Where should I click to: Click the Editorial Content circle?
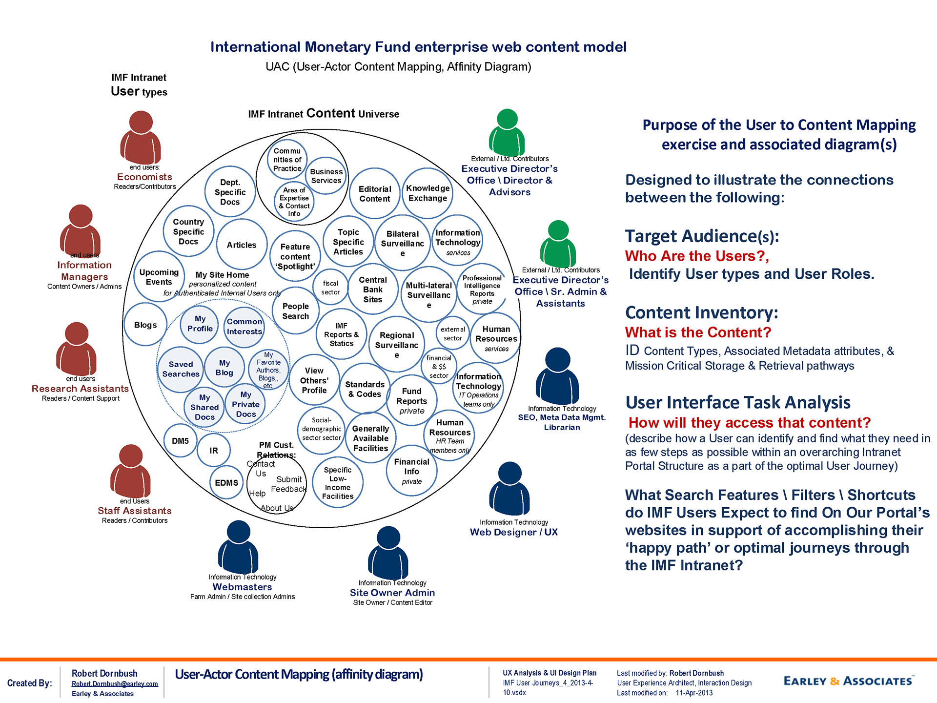click(x=375, y=194)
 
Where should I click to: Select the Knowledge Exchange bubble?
click(x=428, y=193)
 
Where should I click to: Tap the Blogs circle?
click(x=145, y=325)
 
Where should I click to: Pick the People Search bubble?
click(x=296, y=311)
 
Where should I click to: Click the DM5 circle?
click(x=180, y=441)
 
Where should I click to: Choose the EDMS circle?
click(x=226, y=482)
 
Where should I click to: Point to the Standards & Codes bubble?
click(x=365, y=389)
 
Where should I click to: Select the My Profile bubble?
click(x=200, y=324)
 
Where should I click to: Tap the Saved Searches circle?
click(x=181, y=369)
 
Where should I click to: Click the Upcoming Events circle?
click(x=159, y=277)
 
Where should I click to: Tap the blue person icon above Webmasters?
click(x=238, y=547)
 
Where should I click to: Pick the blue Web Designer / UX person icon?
click(x=509, y=489)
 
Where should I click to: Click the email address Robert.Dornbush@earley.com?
click(x=115, y=683)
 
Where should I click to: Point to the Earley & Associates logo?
click(x=848, y=681)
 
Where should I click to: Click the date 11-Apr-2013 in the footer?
click(x=694, y=693)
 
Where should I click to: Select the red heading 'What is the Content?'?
click(x=698, y=332)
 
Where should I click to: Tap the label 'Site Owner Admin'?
click(x=392, y=593)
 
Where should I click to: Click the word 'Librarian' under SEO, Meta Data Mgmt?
click(x=562, y=427)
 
